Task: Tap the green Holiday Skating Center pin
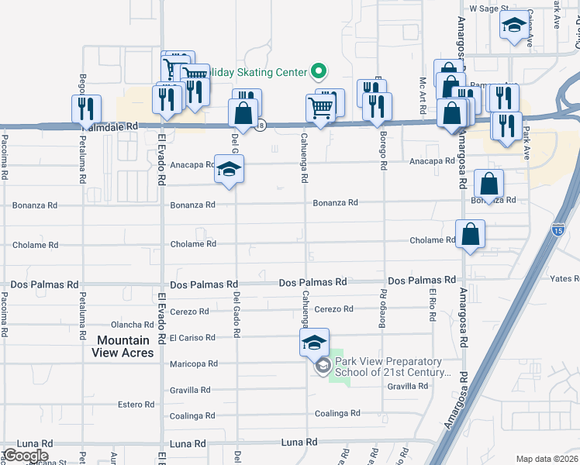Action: (x=317, y=72)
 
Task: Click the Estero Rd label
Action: (x=136, y=405)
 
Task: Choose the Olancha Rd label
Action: (x=133, y=325)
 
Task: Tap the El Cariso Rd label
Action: (x=193, y=338)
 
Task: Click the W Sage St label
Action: (x=489, y=9)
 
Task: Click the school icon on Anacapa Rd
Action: (x=229, y=170)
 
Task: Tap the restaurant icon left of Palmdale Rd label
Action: (x=86, y=108)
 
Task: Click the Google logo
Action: (x=25, y=456)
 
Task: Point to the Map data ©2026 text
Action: (x=546, y=459)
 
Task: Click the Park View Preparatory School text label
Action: (x=392, y=367)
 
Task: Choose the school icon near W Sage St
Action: (x=512, y=27)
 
